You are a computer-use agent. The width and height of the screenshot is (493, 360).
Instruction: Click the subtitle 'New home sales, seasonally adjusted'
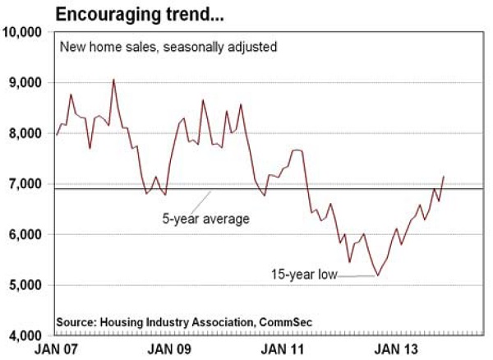pos(168,48)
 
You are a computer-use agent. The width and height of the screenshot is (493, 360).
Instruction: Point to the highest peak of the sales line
pos(113,79)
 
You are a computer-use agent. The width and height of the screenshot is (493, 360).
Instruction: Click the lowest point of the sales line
pos(378,275)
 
